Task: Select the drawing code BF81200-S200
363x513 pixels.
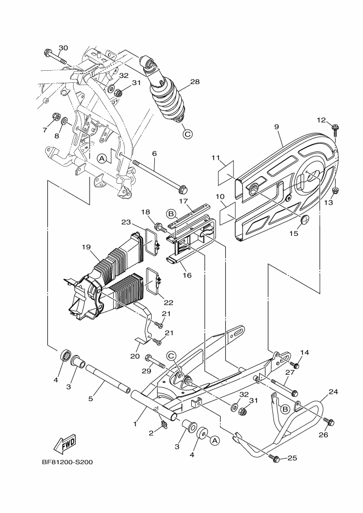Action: (x=68, y=463)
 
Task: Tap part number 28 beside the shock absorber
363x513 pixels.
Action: (x=195, y=81)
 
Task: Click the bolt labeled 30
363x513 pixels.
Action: (x=55, y=57)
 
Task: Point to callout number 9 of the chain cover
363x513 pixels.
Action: (x=277, y=126)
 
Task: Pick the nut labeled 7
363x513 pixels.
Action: (x=56, y=117)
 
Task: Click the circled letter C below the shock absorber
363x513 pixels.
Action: (x=187, y=134)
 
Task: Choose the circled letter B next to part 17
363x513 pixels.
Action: (x=171, y=214)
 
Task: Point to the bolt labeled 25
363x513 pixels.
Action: (x=275, y=458)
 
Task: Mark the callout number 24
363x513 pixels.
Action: (x=333, y=392)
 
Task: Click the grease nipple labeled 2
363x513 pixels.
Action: (x=163, y=425)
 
